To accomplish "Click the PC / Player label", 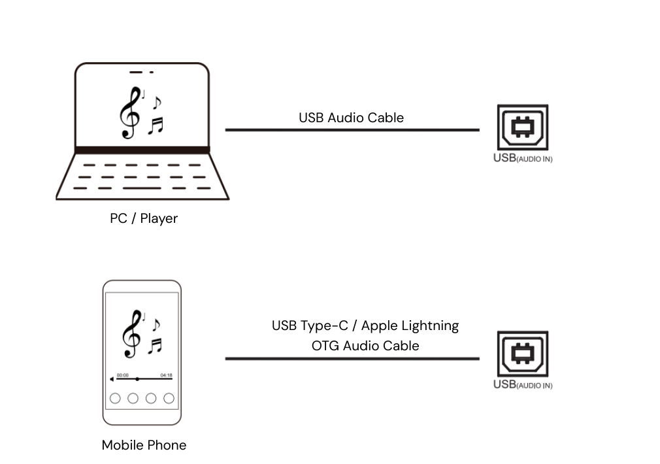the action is [x=144, y=218].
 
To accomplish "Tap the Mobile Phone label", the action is [x=144, y=445].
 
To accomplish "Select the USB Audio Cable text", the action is [x=351, y=118].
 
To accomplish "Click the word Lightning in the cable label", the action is [x=431, y=326].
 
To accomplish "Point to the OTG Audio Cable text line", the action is [x=365, y=346].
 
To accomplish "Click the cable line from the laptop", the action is [x=352, y=129].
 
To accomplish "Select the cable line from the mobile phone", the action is [x=352, y=359].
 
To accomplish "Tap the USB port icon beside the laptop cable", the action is [x=523, y=127].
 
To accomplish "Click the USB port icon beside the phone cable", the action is [x=523, y=354].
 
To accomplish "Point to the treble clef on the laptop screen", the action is [x=131, y=113].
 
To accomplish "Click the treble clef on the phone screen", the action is [x=132, y=335].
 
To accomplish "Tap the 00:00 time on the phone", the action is [x=122, y=375].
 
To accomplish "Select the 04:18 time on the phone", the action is [x=166, y=375].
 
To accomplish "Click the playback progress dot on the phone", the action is [x=137, y=379].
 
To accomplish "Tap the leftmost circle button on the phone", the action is [x=115, y=398].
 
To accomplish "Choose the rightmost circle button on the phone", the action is [x=169, y=398].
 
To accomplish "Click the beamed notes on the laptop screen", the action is [x=156, y=125].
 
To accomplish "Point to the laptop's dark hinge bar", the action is [x=142, y=150].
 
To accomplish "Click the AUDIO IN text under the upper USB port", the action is [x=535, y=159].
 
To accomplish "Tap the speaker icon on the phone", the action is [x=112, y=379].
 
